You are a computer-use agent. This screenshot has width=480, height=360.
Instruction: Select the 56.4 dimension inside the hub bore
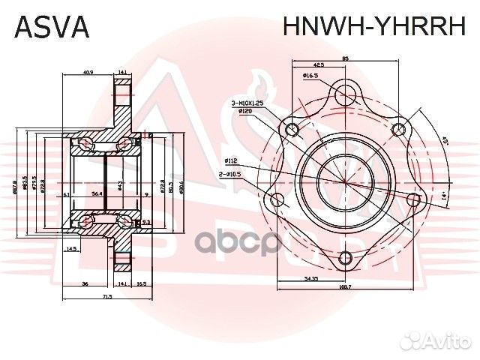(97, 193)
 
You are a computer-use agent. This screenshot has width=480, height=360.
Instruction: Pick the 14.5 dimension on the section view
(72, 248)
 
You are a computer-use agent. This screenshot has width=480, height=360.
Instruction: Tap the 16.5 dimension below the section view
(142, 284)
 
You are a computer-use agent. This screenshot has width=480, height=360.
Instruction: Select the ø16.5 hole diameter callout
(313, 76)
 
